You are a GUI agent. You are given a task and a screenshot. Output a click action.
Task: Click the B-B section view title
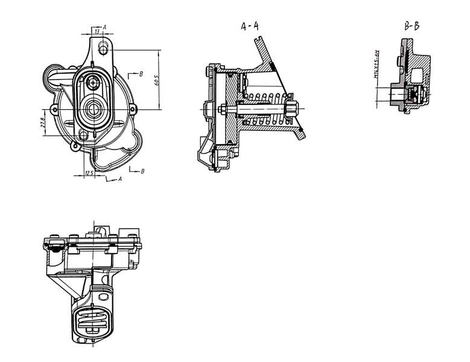click(x=413, y=26)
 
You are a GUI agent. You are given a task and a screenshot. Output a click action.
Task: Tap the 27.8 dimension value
click(x=44, y=122)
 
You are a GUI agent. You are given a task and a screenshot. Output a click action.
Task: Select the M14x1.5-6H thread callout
click(x=375, y=65)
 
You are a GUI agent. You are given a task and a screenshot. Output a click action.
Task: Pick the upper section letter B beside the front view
click(x=140, y=74)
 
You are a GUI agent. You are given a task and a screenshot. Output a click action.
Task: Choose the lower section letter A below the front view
click(x=120, y=179)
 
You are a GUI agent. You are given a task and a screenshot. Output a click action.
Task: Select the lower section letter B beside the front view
click(x=142, y=171)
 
